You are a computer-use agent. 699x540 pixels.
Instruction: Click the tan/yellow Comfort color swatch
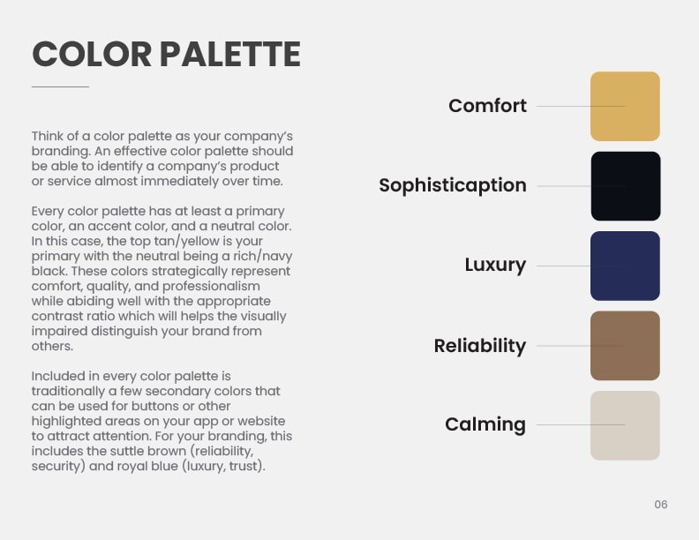coord(625,107)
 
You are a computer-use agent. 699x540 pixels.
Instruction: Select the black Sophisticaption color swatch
coord(626,186)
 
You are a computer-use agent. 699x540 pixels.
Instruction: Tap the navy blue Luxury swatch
coord(625,266)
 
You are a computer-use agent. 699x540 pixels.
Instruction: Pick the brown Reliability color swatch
coord(625,346)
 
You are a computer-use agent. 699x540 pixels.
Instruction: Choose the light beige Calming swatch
coord(625,425)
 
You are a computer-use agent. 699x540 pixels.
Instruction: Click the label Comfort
coord(488,106)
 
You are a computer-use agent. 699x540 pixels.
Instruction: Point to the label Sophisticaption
coord(453,185)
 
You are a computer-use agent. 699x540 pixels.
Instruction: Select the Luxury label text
coord(495,265)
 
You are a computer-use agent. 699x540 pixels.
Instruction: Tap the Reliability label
coord(479,346)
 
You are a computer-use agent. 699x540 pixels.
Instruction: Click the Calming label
coord(485,424)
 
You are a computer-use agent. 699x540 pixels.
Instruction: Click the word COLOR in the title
coord(92,54)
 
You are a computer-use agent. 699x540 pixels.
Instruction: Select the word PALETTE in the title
coord(230,54)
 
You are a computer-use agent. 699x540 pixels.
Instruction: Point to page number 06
coord(661,505)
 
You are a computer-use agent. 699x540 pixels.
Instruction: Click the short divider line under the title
coord(60,86)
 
